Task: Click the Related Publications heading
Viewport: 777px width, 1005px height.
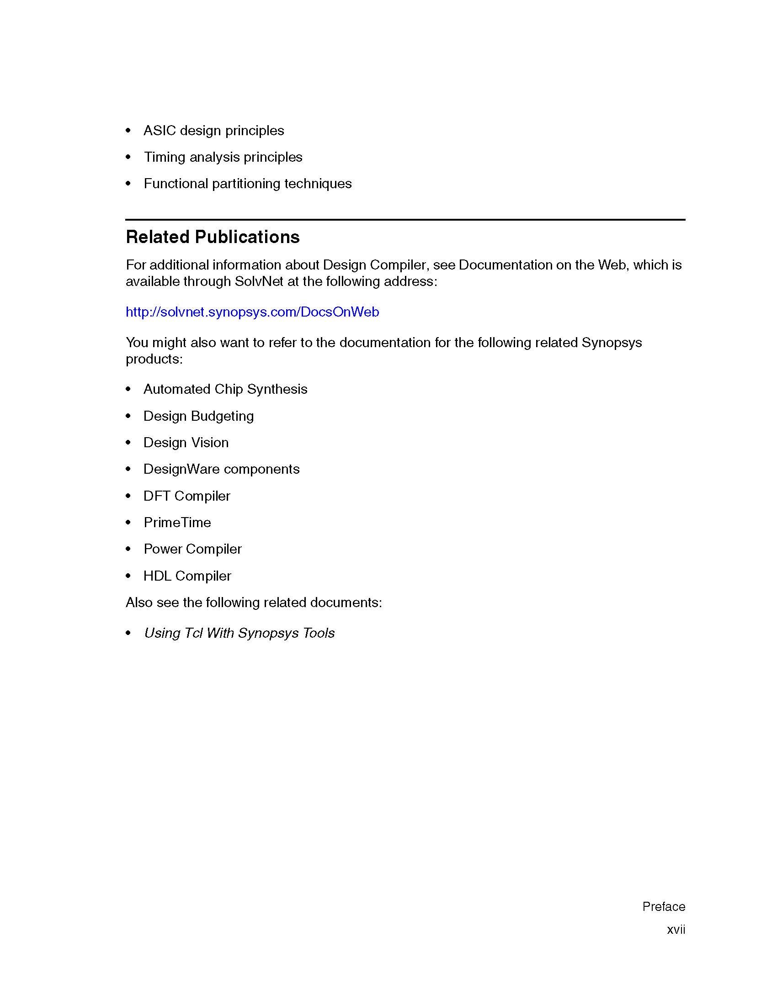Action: pos(213,238)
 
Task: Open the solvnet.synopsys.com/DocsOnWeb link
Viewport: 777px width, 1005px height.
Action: pos(252,312)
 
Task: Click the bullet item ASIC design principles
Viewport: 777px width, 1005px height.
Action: pos(213,131)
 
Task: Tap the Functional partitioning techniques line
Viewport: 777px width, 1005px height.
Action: pos(247,184)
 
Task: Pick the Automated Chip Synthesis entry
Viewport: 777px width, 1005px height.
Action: pos(225,389)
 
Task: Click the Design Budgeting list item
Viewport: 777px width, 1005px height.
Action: pos(198,416)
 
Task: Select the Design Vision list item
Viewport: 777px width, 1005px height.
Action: pos(186,443)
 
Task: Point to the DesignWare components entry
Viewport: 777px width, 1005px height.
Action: pos(221,469)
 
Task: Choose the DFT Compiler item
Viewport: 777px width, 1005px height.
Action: pos(186,496)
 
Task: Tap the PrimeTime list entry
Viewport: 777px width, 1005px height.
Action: pos(177,523)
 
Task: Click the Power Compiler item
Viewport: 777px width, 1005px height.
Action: pos(192,549)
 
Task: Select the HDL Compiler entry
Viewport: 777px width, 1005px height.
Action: pos(187,576)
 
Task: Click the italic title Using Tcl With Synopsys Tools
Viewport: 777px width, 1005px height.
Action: pos(239,633)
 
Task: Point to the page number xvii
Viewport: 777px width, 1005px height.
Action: pos(676,930)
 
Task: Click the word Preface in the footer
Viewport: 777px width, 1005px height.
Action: pos(664,906)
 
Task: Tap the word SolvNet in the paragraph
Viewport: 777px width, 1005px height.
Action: pos(259,281)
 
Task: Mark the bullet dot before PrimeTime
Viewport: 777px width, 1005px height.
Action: pos(128,523)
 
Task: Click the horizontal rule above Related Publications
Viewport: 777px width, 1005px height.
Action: pos(405,220)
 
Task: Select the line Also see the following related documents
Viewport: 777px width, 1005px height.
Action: pos(254,603)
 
